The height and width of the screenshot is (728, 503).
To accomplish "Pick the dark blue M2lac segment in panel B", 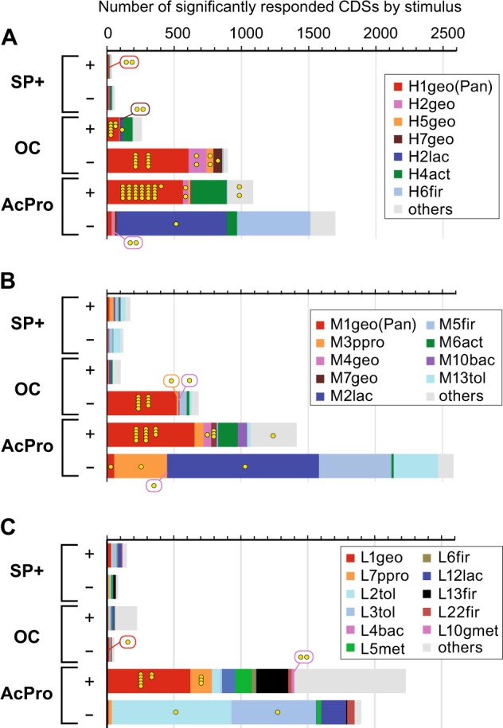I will (243, 465).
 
